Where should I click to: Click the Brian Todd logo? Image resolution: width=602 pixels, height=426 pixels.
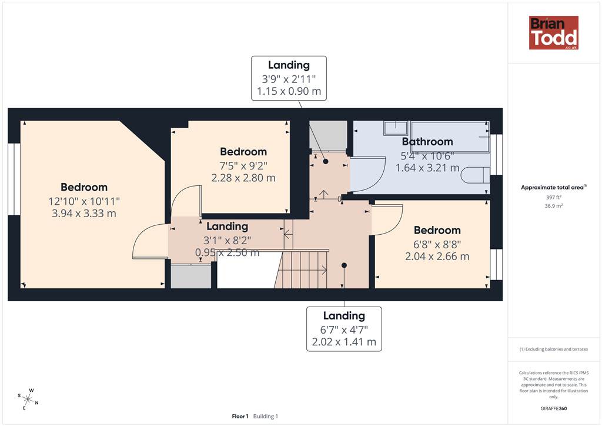coord(554,32)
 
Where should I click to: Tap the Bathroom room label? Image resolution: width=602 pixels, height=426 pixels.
coord(427,142)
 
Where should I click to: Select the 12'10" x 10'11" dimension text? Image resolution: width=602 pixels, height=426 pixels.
coord(84,201)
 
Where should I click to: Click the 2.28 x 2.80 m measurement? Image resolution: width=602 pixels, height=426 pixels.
coord(243,178)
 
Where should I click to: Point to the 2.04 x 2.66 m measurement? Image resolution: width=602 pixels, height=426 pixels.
coord(437,256)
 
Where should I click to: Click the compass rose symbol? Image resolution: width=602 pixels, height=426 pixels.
coord(28,399)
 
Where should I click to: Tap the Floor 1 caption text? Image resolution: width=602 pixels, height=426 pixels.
coord(240,417)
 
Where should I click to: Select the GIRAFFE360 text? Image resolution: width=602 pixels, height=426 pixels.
coord(554,408)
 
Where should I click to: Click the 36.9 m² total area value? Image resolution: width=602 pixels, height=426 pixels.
coord(554,206)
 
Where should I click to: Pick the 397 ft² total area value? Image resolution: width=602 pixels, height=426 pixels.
coord(554,198)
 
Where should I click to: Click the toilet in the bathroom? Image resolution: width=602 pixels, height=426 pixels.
coord(475,175)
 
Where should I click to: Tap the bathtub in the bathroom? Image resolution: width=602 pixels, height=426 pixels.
coord(450,137)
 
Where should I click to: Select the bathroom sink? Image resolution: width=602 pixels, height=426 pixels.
coord(396,128)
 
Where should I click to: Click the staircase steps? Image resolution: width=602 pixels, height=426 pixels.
coord(302,269)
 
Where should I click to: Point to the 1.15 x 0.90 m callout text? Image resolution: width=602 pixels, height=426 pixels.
coord(289,91)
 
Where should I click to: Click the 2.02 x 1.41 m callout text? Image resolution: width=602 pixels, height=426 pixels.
coord(344,342)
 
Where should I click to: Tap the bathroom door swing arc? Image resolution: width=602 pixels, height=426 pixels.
coord(379,181)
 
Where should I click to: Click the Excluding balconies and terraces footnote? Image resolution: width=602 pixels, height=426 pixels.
coord(554,349)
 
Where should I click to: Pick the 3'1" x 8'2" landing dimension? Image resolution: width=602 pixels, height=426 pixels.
coord(228,241)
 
